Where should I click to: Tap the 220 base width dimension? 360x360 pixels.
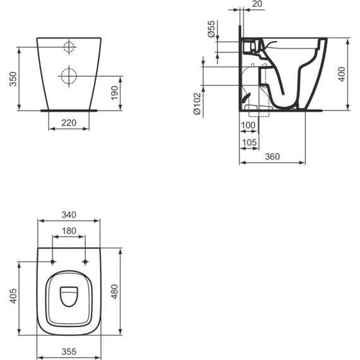pos(69,124)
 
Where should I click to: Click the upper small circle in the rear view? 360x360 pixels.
pos(69,47)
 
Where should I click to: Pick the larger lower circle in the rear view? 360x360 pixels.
pos(68,76)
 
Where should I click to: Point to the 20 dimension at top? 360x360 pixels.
pos(257,4)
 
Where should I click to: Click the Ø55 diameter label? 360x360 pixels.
pos(212,30)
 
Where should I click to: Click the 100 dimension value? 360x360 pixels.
pos(248,126)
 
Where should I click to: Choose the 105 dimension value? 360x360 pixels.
pos(249,143)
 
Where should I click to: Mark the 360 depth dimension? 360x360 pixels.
pos(272,157)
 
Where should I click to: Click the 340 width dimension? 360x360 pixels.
pos(69,215)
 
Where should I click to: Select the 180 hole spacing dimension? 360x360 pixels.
pos(69,231)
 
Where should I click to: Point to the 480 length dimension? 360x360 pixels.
pos(114,291)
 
